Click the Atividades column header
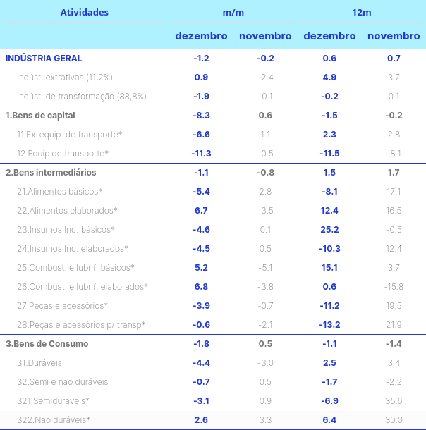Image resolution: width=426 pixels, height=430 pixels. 85,12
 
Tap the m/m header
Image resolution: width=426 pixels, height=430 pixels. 233,12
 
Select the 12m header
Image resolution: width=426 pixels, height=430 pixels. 362,12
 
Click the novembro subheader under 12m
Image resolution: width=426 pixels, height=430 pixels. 394,36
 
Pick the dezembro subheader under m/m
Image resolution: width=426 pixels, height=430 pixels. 201,36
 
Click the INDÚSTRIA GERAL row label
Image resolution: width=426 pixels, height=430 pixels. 44,59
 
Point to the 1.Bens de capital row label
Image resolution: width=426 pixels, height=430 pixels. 40,115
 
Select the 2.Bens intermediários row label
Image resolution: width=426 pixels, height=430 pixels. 51,172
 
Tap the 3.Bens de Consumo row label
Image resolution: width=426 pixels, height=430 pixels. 47,344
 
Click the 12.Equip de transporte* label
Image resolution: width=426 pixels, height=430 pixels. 63,153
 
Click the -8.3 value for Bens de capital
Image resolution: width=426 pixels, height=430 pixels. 201,115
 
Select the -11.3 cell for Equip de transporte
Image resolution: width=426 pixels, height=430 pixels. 201,153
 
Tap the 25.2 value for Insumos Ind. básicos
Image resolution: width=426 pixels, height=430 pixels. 329,229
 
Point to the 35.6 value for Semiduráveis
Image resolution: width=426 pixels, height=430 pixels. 394,401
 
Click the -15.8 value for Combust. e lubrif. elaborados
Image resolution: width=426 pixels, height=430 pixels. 394,286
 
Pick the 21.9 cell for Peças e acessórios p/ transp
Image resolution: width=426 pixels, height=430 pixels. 394,324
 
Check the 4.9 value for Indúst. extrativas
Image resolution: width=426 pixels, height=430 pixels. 329,77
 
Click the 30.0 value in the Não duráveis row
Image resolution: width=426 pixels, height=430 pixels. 394,420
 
